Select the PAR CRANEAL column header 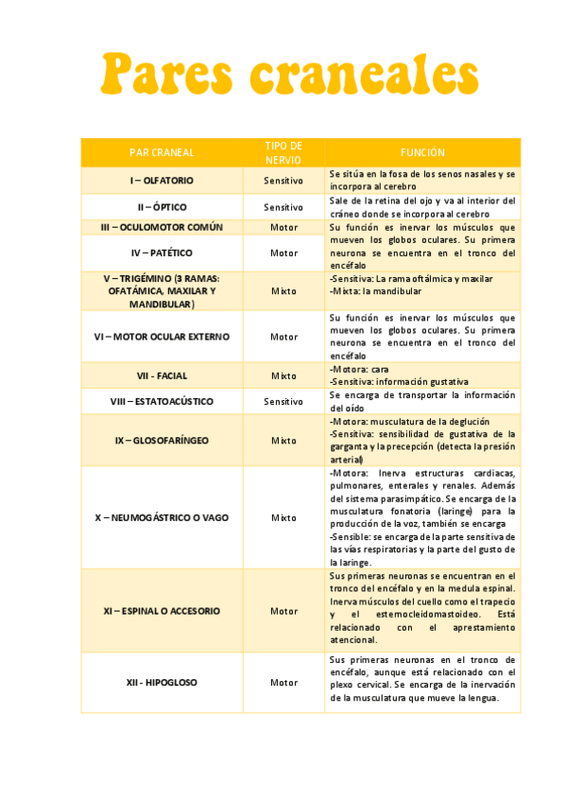pos(162,152)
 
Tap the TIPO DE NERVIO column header pos(283,152)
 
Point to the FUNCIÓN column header pos(422,152)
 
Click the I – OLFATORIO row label pos(162,180)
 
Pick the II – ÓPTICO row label pos(162,206)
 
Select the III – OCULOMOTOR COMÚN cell pos(162,227)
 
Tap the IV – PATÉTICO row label pos(162,253)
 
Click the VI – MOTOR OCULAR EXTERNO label pos(162,336)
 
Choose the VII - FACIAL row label pos(162,375)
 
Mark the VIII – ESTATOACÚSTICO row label pos(162,401)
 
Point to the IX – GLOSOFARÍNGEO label pos(162,440)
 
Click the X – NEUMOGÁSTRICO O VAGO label pos(162,517)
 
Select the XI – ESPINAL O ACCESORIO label pos(162,610)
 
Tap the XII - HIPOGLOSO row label pos(162,682)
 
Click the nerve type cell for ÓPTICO pos(283,206)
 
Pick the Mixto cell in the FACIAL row pos(283,375)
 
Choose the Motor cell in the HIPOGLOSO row pos(283,682)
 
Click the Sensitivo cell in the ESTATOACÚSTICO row pos(283,401)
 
